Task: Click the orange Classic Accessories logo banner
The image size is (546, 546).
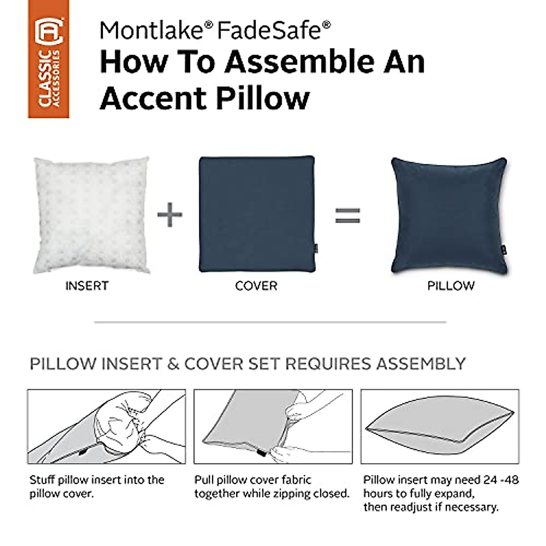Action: point(49,59)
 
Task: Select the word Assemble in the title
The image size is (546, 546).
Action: point(300,62)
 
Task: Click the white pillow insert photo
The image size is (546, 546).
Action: point(91,215)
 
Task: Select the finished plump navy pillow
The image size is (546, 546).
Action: point(449,216)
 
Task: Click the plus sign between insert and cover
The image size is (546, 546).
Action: point(170,214)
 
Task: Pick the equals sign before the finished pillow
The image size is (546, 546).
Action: point(348,215)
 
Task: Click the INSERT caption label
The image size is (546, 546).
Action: point(87,286)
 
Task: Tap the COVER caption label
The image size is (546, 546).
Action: point(256,286)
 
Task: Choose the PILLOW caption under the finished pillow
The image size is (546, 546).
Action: point(451,286)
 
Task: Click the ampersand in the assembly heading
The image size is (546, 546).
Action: point(173,364)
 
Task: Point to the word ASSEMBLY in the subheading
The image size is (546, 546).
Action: point(421,364)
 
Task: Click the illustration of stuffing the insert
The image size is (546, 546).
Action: point(106,426)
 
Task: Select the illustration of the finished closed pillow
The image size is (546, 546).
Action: point(440,426)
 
